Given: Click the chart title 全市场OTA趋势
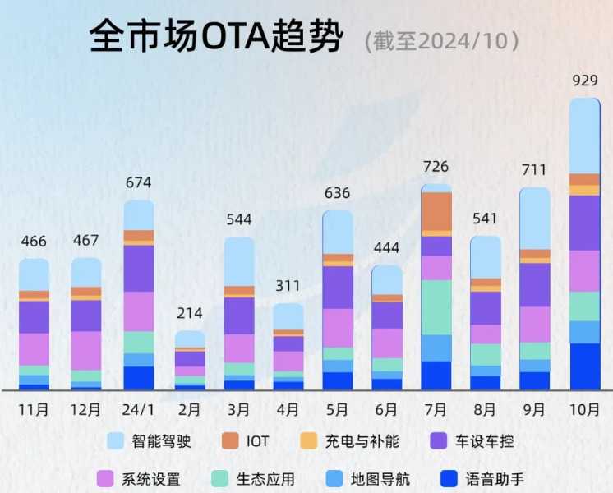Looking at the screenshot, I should click(x=214, y=38).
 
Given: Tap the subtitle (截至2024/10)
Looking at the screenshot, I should click(x=441, y=39).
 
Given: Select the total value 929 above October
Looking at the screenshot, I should click(x=584, y=81).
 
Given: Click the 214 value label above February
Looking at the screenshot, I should click(x=190, y=314).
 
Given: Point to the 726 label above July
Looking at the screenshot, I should click(x=436, y=167).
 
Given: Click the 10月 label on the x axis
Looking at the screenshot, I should click(x=584, y=408).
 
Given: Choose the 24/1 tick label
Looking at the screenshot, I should click(x=139, y=408).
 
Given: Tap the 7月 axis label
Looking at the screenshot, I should click(x=436, y=408).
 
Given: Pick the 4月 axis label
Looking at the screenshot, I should click(x=288, y=408).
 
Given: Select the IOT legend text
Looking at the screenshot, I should click(x=257, y=442).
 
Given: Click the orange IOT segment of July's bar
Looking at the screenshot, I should click(x=436, y=212).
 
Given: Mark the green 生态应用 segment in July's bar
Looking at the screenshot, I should click(x=436, y=307).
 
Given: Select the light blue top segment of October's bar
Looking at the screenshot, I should click(x=584, y=136).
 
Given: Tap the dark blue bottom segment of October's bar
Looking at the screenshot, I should click(x=584, y=366).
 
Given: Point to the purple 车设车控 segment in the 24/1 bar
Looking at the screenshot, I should click(x=139, y=269).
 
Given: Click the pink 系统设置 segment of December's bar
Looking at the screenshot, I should click(x=86, y=351).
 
